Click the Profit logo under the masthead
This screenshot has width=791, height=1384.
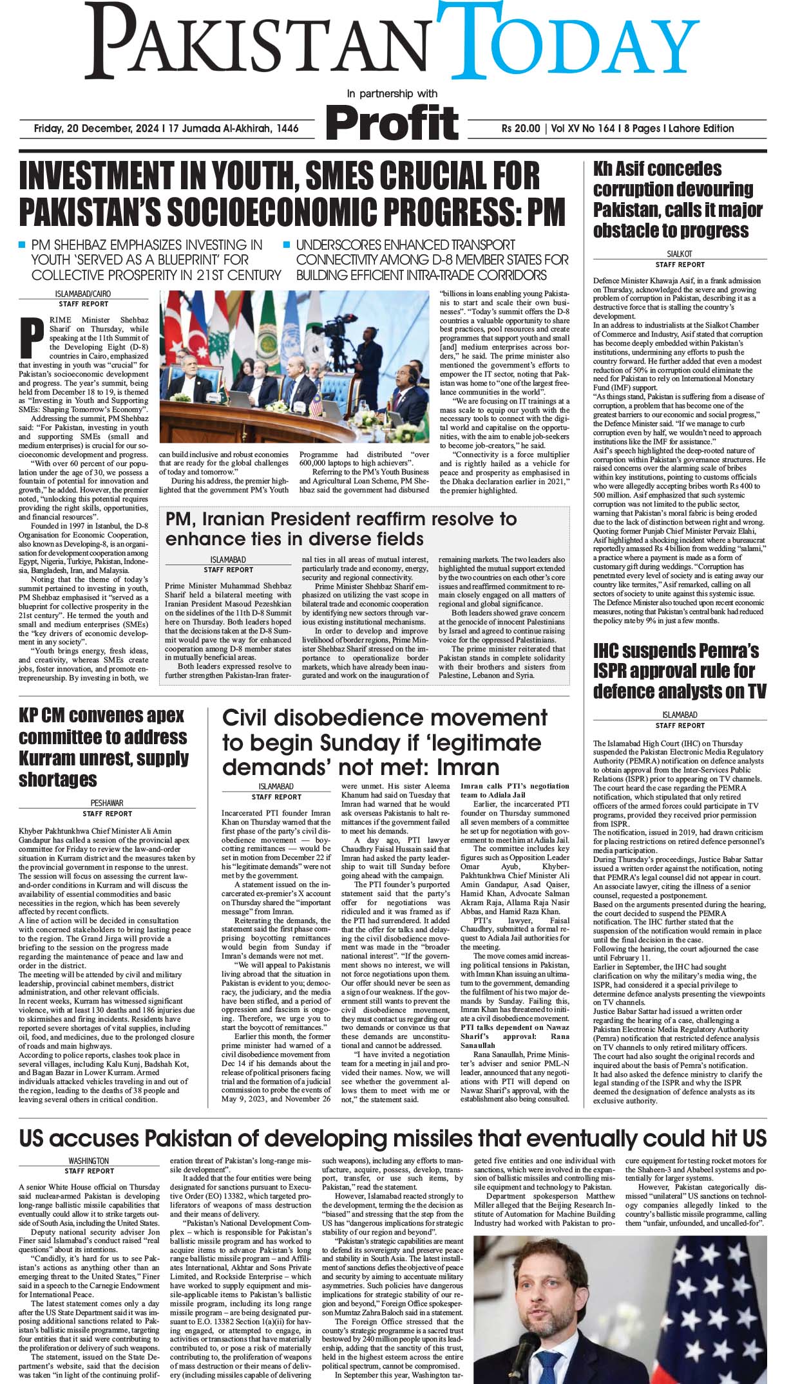click(x=393, y=120)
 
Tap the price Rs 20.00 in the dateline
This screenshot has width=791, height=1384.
click(x=520, y=128)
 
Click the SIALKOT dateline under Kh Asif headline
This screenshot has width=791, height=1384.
click(x=680, y=254)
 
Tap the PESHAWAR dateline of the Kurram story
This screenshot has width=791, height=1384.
click(x=107, y=803)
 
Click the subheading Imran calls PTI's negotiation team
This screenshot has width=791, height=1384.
click(x=515, y=790)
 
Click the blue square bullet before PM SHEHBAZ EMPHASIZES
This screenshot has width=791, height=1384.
click(x=22, y=245)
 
